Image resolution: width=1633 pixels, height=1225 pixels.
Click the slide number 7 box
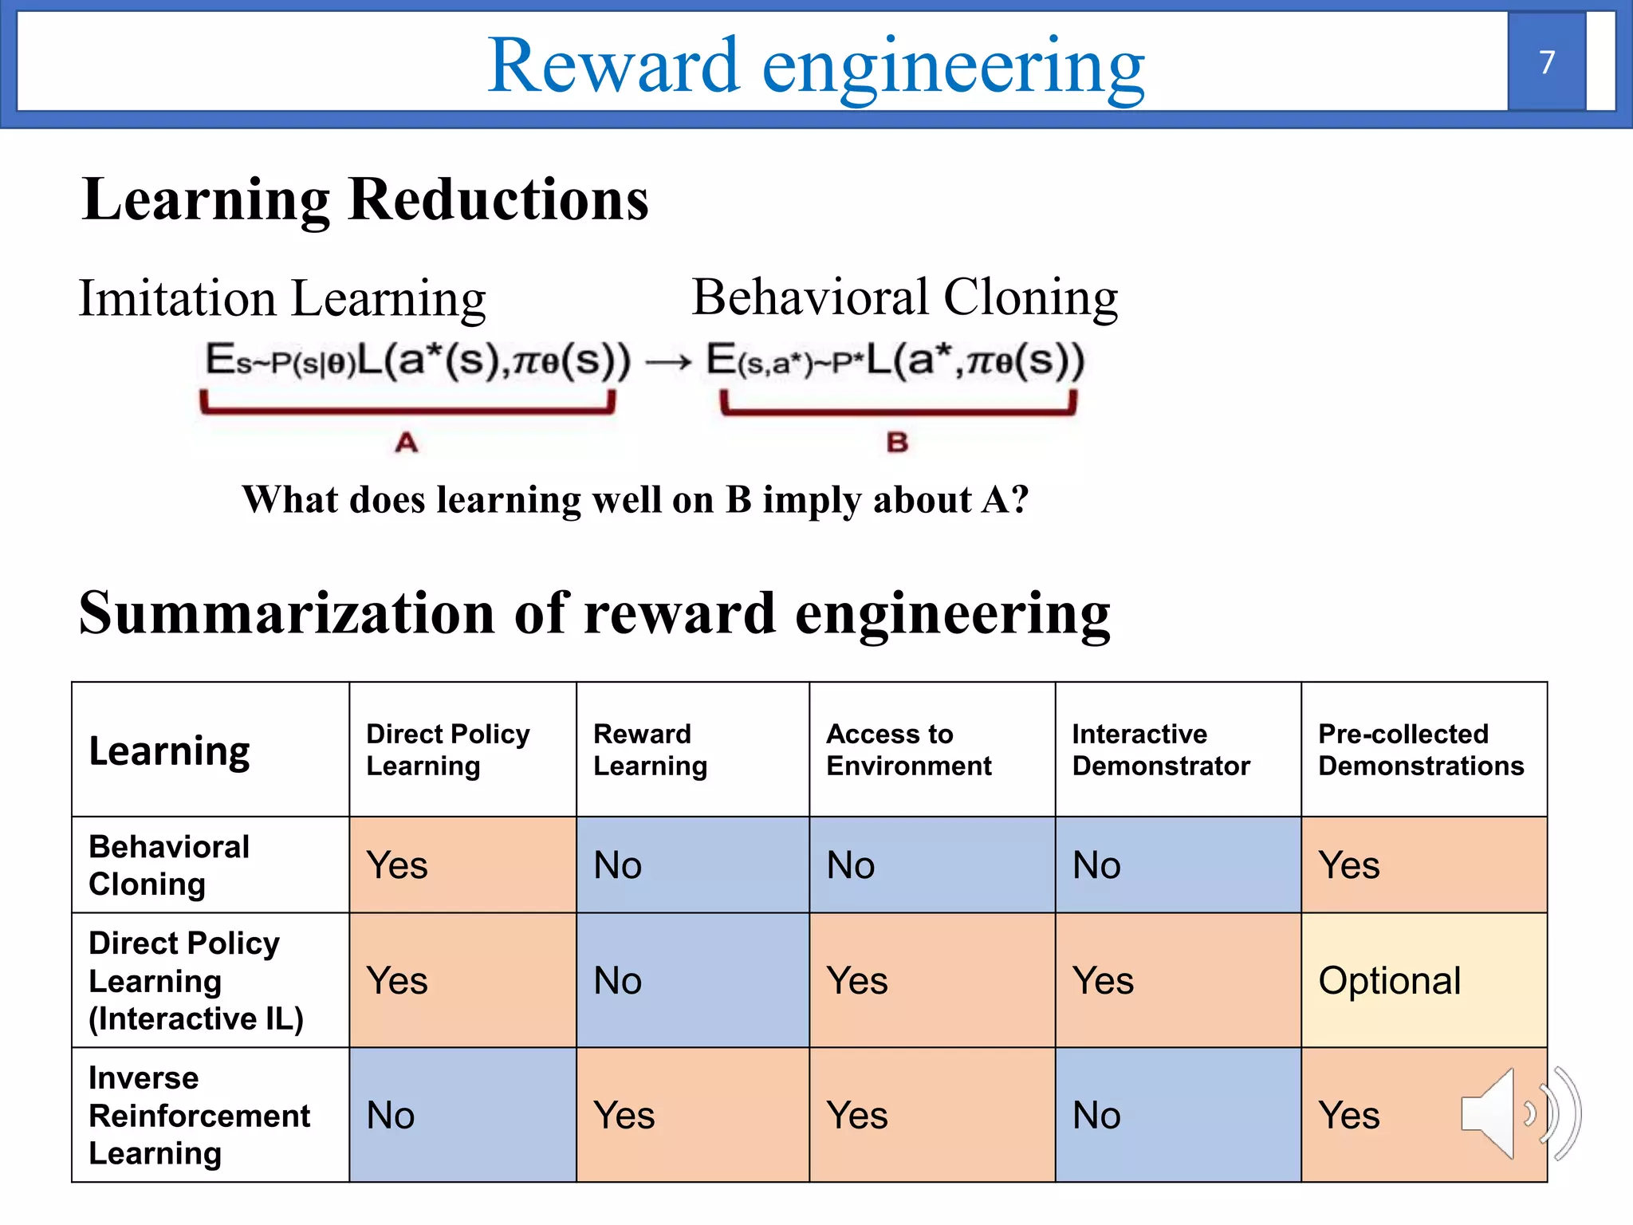(1546, 62)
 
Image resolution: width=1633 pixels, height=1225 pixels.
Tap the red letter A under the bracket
(407, 443)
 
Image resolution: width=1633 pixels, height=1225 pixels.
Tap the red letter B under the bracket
(897, 443)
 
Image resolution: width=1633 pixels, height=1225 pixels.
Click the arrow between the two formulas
(668, 364)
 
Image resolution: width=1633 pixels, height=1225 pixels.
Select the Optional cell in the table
(1423, 980)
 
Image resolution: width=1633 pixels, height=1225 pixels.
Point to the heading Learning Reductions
(365, 199)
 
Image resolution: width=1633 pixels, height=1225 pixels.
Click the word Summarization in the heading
(287, 614)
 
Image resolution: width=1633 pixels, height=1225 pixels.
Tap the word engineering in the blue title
(953, 68)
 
